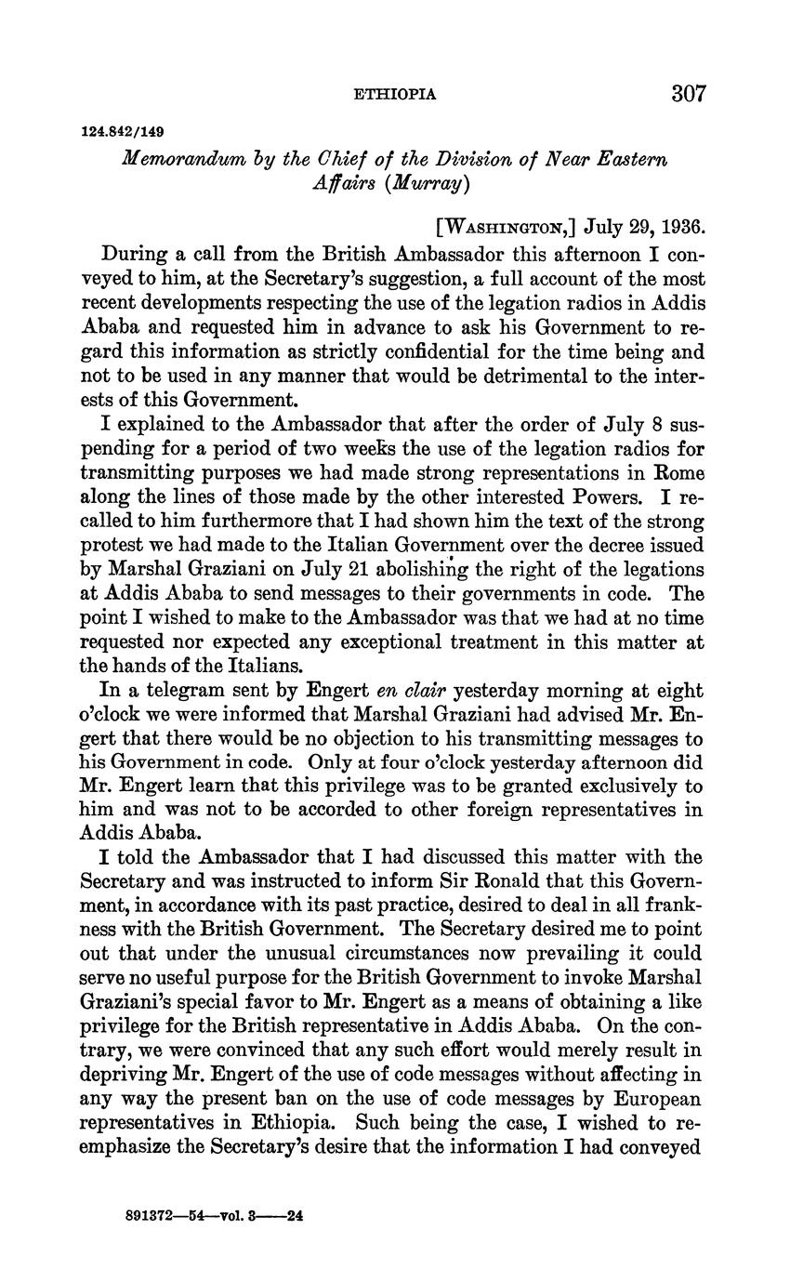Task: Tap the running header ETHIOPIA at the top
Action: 395,95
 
